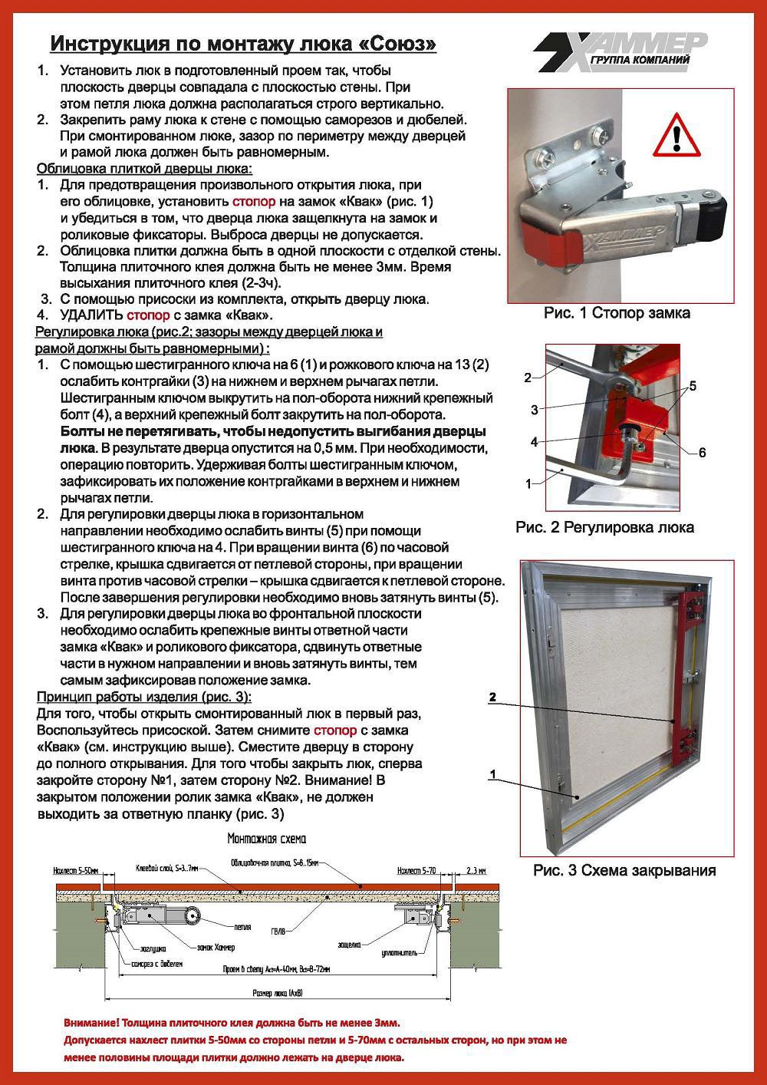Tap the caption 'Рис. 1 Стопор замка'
pyautogui.click(x=616, y=313)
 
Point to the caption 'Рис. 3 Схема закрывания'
pyautogui.click(x=624, y=870)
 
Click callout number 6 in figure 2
pyautogui.click(x=702, y=453)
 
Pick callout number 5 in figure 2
pyautogui.click(x=693, y=386)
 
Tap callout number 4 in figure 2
pyautogui.click(x=535, y=442)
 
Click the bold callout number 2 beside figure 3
pyautogui.click(x=493, y=697)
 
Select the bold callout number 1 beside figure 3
pyautogui.click(x=493, y=775)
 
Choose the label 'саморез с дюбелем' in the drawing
pyautogui.click(x=157, y=962)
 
